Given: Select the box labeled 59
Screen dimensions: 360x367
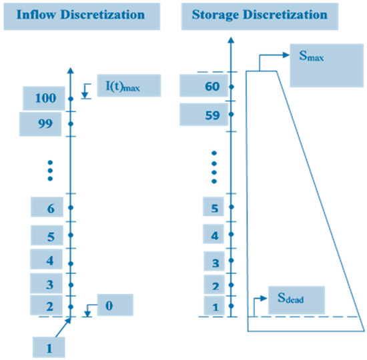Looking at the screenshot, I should [x=202, y=114].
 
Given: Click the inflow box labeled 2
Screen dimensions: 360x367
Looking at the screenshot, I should [x=49, y=306].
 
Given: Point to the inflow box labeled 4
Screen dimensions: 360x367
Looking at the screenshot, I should [x=49, y=260].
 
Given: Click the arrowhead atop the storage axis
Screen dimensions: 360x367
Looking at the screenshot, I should [x=230, y=41].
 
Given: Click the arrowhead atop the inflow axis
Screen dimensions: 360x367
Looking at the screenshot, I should [x=69, y=69].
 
